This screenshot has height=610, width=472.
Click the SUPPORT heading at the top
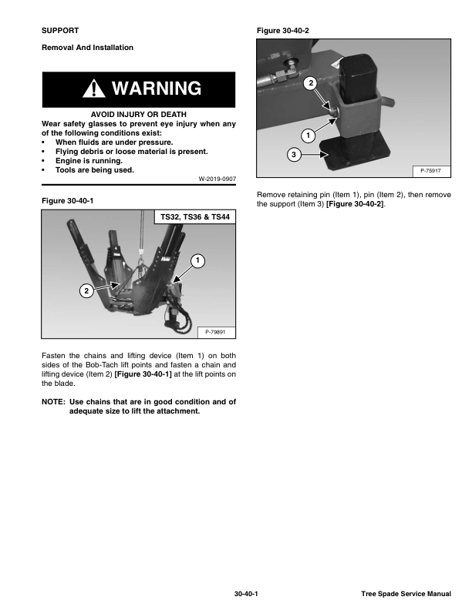pos(60,30)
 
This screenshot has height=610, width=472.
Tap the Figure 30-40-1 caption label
pos(69,201)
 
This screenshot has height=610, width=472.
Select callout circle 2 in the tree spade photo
pos(86,290)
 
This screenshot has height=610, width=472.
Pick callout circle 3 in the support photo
pos(293,156)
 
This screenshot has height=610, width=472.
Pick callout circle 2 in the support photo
pos(309,82)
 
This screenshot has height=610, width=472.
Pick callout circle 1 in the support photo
pos(307,136)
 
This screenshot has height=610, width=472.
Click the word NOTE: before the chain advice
pos(53,401)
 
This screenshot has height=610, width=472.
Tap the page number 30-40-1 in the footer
pos(246,594)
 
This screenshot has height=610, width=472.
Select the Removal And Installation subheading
pos(87,48)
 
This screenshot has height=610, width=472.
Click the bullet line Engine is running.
pos(89,161)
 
